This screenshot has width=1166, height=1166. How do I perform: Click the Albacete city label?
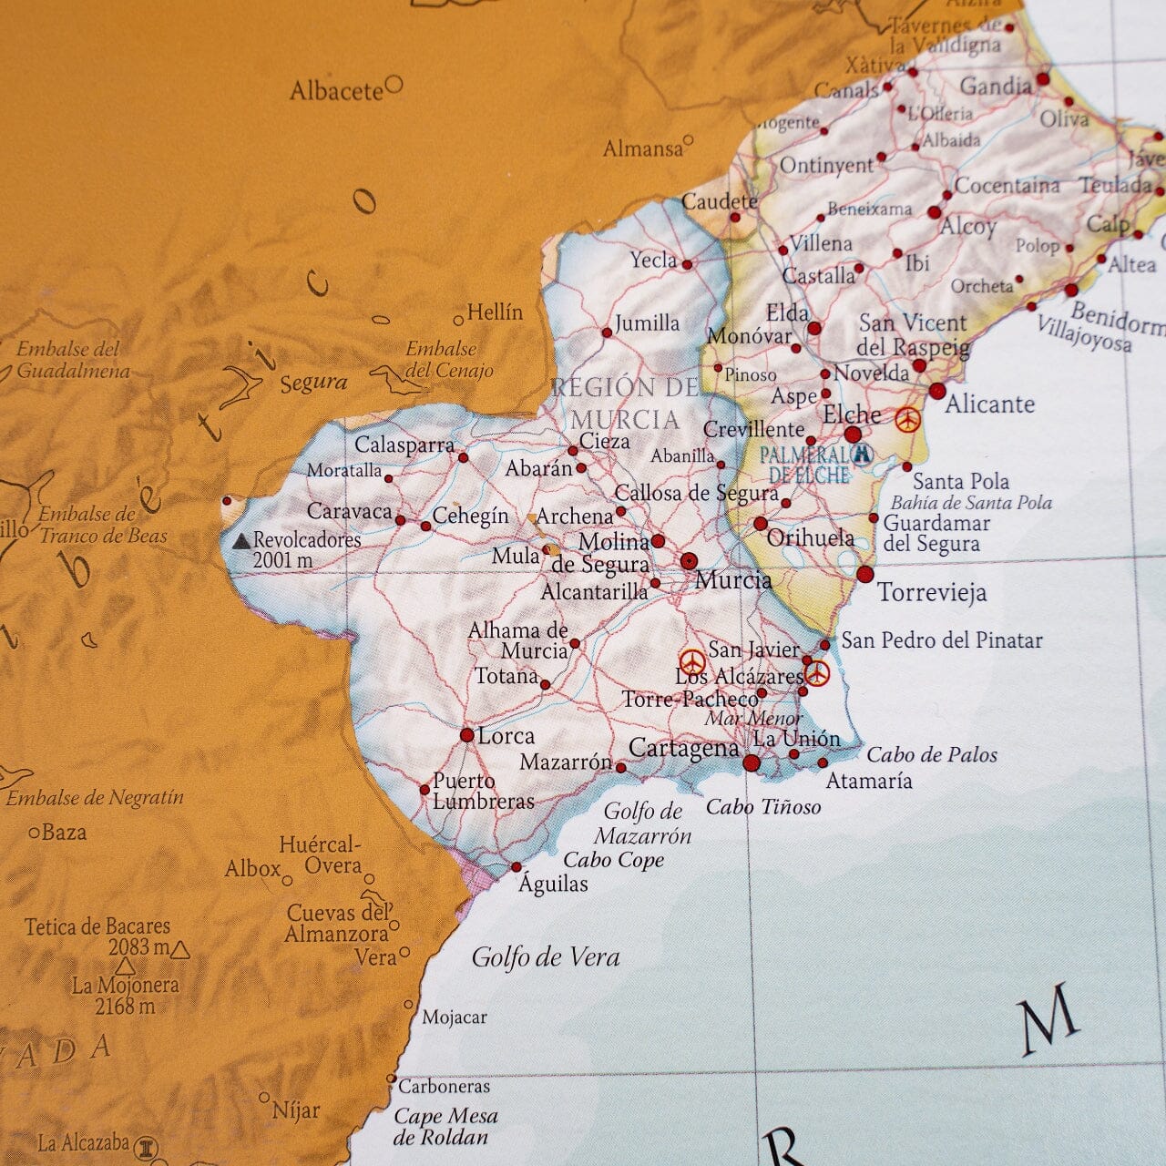(x=336, y=91)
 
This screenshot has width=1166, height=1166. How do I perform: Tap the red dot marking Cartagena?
(x=752, y=763)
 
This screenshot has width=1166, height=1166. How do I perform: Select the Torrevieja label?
(x=932, y=593)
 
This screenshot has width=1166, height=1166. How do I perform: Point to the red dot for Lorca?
(x=467, y=735)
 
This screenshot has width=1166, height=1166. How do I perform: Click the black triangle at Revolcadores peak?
(x=241, y=541)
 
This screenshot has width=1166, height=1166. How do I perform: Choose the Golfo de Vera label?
(x=546, y=957)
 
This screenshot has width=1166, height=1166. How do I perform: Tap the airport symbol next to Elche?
(x=907, y=420)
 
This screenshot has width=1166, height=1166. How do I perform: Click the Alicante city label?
(x=989, y=404)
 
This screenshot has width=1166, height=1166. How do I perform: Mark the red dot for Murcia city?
(x=689, y=560)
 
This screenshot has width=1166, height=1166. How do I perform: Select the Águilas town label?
(x=554, y=884)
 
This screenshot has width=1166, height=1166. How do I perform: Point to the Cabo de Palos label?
(x=932, y=755)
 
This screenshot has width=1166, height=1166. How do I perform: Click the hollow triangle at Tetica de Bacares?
(x=180, y=951)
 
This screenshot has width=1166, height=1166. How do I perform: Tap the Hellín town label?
(x=495, y=312)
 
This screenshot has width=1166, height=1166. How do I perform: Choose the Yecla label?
(x=653, y=261)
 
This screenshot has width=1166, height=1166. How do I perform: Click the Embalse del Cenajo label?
(x=448, y=360)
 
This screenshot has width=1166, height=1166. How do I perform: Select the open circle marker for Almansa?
(x=689, y=140)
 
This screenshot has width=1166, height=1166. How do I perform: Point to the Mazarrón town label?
(x=565, y=762)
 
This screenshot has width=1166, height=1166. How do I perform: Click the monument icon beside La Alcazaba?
(x=147, y=1146)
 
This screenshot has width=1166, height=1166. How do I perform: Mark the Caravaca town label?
(x=349, y=512)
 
